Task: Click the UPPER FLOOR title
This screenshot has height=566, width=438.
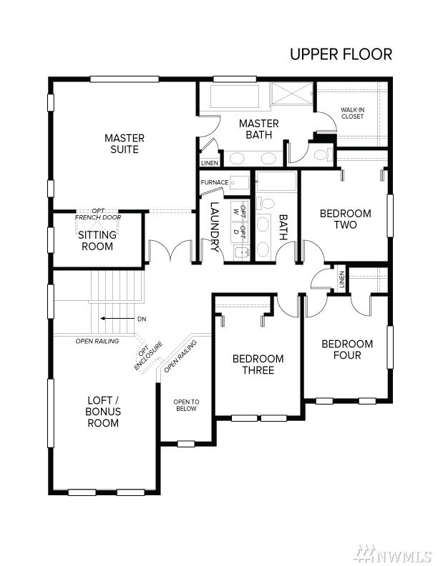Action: coord(341,54)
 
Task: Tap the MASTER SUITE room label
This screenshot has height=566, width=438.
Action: coord(125,144)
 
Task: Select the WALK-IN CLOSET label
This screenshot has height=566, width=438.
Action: coord(352,113)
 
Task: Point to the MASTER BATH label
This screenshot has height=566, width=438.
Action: coord(259,129)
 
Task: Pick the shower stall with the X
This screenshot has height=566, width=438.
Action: coord(292,93)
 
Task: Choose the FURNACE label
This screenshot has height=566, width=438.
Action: coord(215,182)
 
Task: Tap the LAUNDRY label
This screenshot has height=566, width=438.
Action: coord(214,227)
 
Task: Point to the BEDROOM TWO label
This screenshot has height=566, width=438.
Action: coord(346,219)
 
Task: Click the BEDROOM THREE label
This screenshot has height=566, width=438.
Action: coord(258,364)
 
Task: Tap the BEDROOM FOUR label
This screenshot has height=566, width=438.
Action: coord(347,349)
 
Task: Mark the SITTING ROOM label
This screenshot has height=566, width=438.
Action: coord(97,240)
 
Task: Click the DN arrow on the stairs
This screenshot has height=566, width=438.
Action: coord(117,319)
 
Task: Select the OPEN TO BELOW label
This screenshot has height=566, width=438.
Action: coord(186,405)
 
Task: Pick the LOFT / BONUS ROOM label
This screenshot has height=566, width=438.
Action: coord(103,412)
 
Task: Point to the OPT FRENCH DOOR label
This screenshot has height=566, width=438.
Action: coord(98,214)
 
